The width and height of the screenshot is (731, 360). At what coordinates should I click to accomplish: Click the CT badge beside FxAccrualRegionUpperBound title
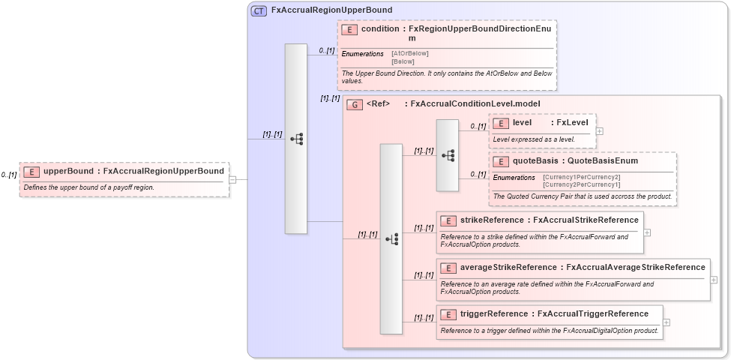259,10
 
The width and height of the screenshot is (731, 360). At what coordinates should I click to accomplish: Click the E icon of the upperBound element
31,171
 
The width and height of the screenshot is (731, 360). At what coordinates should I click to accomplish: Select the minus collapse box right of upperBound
232,179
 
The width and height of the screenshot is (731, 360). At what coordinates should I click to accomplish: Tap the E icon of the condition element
349,29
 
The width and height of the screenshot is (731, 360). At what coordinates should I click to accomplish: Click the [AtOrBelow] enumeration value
410,53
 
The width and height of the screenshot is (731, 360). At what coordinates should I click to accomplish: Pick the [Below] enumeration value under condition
403,61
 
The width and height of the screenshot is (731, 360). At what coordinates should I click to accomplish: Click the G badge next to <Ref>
354,104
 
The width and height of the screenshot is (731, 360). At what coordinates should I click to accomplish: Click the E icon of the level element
500,123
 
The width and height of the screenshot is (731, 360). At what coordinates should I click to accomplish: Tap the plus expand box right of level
599,131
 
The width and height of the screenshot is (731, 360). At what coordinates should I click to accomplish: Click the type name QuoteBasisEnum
602,160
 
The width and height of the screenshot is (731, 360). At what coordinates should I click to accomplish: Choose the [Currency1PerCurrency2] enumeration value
581,177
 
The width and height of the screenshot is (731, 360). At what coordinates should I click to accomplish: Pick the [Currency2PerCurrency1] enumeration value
581,184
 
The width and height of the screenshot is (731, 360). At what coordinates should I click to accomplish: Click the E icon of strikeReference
448,220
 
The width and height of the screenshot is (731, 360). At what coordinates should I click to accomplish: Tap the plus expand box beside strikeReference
647,232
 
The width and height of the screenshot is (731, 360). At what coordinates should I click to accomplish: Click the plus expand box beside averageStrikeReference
713,280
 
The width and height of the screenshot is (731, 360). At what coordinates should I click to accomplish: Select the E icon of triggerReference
448,314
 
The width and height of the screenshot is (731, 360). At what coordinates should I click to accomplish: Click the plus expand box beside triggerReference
667,322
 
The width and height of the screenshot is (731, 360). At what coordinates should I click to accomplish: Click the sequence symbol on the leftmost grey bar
296,139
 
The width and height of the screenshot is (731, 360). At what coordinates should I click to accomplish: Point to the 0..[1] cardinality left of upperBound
8,175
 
